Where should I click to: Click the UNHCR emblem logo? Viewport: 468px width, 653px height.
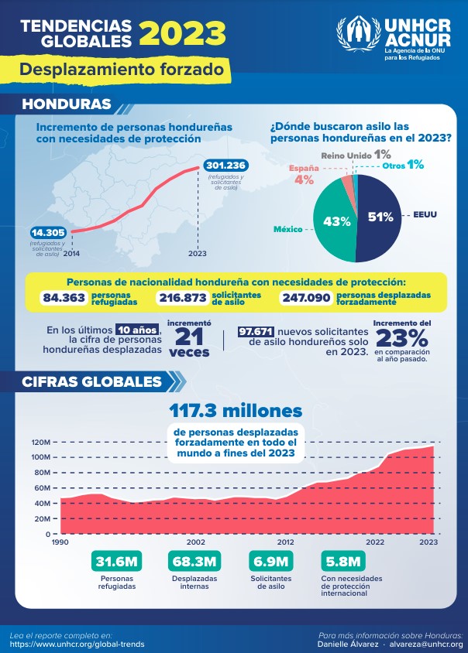pyautogui.click(x=359, y=33)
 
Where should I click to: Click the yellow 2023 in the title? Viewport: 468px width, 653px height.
pyautogui.click(x=182, y=33)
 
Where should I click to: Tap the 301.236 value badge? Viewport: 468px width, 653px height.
pyautogui.click(x=226, y=166)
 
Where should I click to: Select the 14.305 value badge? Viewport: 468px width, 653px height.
pyautogui.click(x=48, y=232)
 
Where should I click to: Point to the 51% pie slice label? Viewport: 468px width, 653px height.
pyautogui.click(x=380, y=217)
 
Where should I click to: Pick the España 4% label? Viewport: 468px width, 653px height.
pyautogui.click(x=304, y=174)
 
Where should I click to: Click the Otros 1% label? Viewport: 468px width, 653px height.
pyautogui.click(x=403, y=165)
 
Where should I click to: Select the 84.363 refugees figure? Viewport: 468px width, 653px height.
pyautogui.click(x=64, y=298)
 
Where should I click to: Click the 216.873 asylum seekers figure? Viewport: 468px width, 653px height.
pyautogui.click(x=183, y=298)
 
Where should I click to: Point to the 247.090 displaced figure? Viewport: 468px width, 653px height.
pyautogui.click(x=307, y=298)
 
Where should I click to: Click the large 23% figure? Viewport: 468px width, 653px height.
pyautogui.click(x=402, y=338)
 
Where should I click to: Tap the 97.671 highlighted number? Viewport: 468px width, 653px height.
pyautogui.click(x=256, y=331)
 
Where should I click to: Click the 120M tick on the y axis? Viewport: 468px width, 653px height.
pyautogui.click(x=41, y=443)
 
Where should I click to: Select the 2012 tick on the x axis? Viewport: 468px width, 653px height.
pyautogui.click(x=285, y=542)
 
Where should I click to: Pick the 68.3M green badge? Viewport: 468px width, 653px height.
pyautogui.click(x=194, y=562)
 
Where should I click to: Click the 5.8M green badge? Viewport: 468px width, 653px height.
pyautogui.click(x=343, y=562)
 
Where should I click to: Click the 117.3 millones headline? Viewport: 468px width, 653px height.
pyautogui.click(x=236, y=411)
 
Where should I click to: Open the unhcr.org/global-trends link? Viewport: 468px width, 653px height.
pyautogui.click(x=77, y=644)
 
